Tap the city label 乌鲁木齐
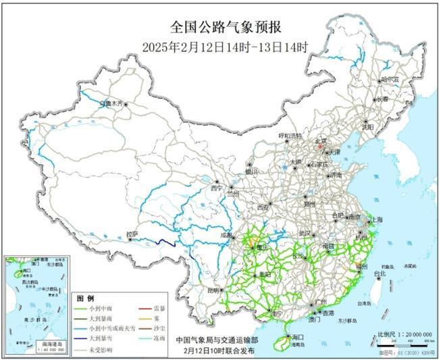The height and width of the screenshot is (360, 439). coord(111,104)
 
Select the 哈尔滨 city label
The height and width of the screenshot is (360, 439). coord(390,79)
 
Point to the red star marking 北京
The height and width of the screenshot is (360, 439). coord(322,143)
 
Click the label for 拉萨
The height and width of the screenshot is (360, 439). coord(132,234)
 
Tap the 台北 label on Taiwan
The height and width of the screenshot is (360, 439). coord(380,274)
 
